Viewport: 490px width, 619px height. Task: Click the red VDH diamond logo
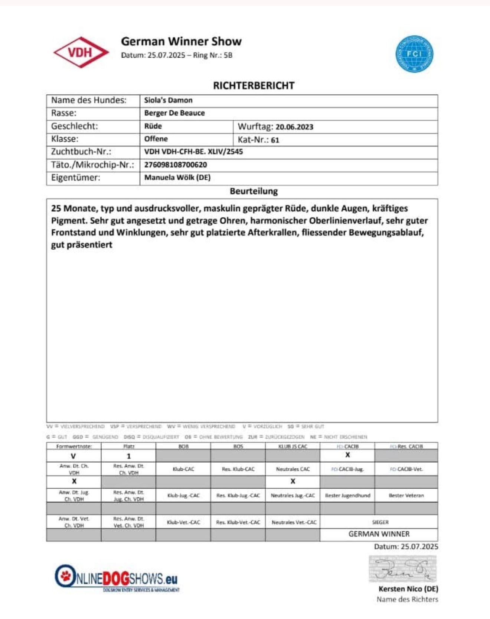click(x=81, y=52)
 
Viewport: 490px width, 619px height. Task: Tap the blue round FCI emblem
click(x=414, y=54)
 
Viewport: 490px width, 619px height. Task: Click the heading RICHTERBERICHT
click(x=254, y=86)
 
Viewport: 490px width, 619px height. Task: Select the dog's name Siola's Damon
click(x=168, y=100)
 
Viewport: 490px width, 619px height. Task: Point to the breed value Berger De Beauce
click(x=174, y=113)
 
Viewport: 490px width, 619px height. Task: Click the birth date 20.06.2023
click(x=294, y=127)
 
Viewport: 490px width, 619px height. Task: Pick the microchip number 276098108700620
click(x=176, y=165)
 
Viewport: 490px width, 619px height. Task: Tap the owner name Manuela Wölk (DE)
click(x=177, y=178)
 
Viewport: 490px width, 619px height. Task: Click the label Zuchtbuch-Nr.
click(x=81, y=152)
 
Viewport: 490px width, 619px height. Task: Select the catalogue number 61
click(x=275, y=140)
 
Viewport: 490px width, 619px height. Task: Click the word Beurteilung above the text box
click(x=254, y=191)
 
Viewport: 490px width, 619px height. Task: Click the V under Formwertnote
click(x=73, y=456)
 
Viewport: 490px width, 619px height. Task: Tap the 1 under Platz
click(x=129, y=456)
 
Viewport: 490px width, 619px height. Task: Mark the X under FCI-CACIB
click(x=347, y=455)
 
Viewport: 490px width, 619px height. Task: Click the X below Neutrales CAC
click(x=293, y=482)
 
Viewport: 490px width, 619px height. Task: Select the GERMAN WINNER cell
click(x=379, y=534)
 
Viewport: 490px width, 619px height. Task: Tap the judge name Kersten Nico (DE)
click(x=408, y=589)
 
